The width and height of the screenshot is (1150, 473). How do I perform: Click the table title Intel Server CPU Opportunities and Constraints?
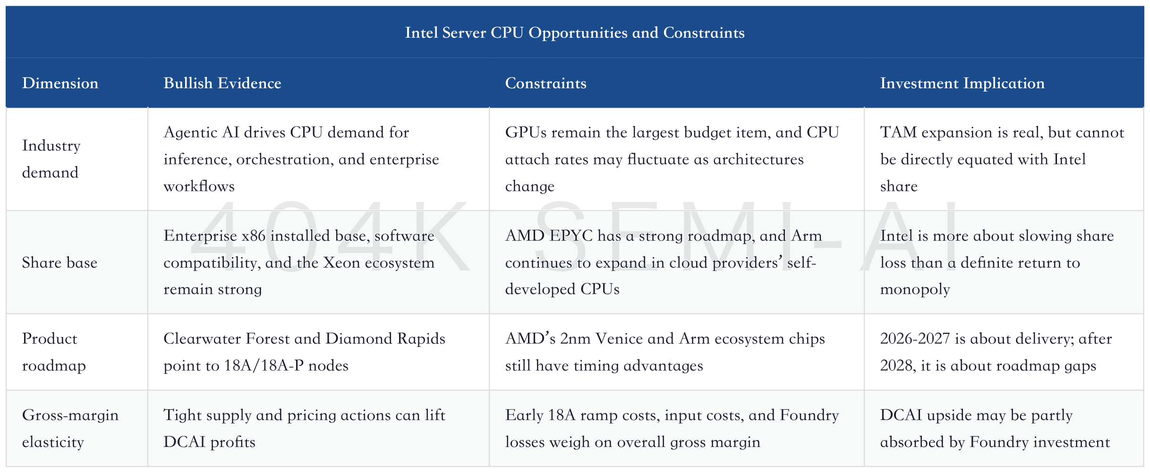(x=575, y=33)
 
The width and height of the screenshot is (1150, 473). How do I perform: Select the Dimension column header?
(x=60, y=83)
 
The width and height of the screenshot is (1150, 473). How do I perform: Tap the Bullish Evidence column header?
(x=222, y=83)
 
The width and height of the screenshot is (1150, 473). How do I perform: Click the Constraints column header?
(x=545, y=83)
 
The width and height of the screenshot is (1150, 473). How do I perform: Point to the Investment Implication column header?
(x=962, y=83)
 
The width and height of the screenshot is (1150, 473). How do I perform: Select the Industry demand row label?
(x=51, y=159)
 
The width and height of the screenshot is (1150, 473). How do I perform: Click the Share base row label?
(x=60, y=262)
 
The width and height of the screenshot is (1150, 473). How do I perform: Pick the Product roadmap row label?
(x=54, y=352)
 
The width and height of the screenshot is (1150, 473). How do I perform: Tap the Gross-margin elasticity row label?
(x=70, y=429)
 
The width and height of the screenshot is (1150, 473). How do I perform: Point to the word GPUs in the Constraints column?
(x=526, y=133)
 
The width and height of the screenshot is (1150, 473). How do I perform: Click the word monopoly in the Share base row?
(x=915, y=289)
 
